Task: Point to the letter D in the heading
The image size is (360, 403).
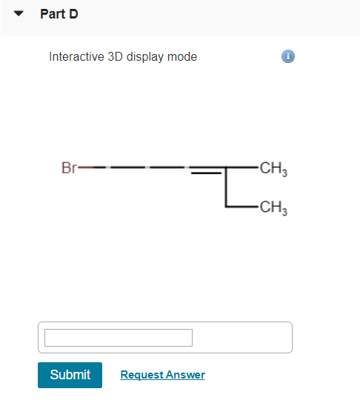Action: [x=73, y=14]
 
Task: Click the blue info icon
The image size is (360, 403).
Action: [x=289, y=57]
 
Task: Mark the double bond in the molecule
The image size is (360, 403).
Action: [x=206, y=170]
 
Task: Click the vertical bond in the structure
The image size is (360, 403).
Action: [x=227, y=187]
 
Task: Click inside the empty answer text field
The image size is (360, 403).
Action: [x=119, y=338]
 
